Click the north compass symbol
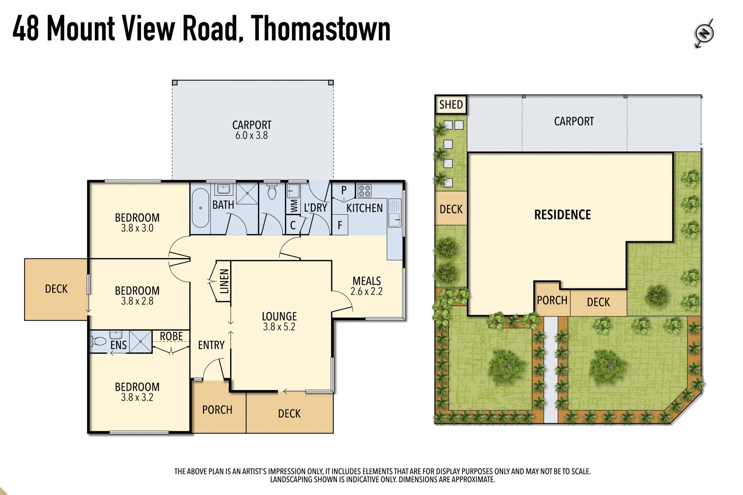(704, 33)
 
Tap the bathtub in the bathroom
(200, 208)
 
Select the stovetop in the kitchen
(365, 190)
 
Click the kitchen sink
(395, 212)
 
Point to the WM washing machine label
(294, 205)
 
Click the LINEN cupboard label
(224, 281)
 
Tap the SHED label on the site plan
(451, 104)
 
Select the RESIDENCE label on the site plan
(562, 215)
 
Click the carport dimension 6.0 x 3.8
(252, 135)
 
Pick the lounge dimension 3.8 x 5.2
(279, 327)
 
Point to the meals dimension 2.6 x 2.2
(366, 291)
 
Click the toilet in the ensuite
(99, 341)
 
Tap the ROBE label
(171, 336)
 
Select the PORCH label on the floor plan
(217, 410)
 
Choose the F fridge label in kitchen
(340, 225)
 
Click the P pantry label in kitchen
(344, 190)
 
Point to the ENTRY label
(211, 345)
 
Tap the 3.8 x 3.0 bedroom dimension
(137, 228)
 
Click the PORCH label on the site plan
(552, 300)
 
